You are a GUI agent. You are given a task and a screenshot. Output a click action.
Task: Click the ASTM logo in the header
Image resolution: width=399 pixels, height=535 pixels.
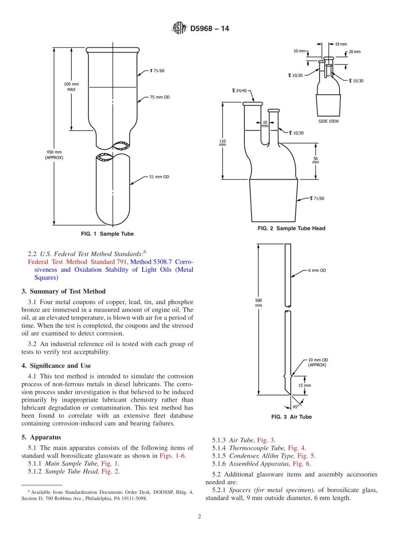pyautogui.click(x=179, y=29)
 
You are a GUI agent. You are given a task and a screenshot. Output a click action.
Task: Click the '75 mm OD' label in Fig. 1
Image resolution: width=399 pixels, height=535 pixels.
pyautogui.click(x=160, y=97)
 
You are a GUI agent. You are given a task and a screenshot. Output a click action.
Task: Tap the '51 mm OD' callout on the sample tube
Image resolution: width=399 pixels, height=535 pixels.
pyautogui.click(x=160, y=177)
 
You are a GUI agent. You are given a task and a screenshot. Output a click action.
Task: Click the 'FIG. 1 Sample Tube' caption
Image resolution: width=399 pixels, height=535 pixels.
pyautogui.click(x=107, y=234)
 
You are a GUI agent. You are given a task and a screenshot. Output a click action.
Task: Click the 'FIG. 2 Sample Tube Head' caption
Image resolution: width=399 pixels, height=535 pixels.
pyautogui.click(x=291, y=228)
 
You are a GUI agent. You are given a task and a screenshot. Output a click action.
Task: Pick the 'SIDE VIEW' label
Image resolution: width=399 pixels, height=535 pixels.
pyautogui.click(x=328, y=121)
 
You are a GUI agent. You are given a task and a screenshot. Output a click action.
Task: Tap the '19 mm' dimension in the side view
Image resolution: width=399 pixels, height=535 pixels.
pyautogui.click(x=341, y=44)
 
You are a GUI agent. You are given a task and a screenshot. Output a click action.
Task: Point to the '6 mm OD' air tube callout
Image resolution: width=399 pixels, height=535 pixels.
pyautogui.click(x=317, y=270)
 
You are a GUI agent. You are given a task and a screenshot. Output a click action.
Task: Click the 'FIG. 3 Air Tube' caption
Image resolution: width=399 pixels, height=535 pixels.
pyautogui.click(x=291, y=417)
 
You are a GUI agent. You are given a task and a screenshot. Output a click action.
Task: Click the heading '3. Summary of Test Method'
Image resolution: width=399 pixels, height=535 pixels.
pyautogui.click(x=63, y=291)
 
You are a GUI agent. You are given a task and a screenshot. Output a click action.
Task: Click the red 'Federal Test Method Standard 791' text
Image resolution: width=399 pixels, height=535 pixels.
pyautogui.click(x=78, y=262)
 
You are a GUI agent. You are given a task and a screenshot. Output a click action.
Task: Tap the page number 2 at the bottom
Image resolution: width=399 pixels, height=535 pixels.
pyautogui.click(x=199, y=517)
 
